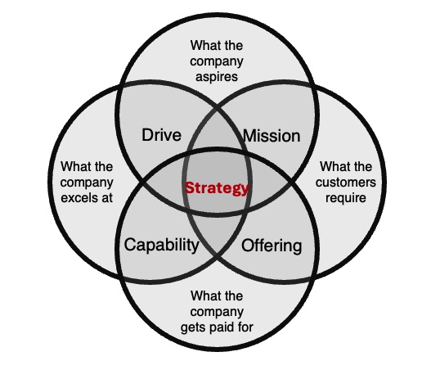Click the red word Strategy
point(217,188)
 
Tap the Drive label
point(162,135)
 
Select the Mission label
point(272,136)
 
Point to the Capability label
point(162,245)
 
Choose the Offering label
point(272,246)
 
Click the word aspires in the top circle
point(217,77)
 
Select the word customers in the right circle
point(346,183)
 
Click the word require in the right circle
point(346,198)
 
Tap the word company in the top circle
point(217,61)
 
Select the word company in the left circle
point(87,183)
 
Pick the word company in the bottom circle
point(217,312)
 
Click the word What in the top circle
point(203,45)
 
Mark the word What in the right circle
point(333,167)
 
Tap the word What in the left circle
point(74,167)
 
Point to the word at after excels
point(107,198)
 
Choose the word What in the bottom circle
point(204,296)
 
